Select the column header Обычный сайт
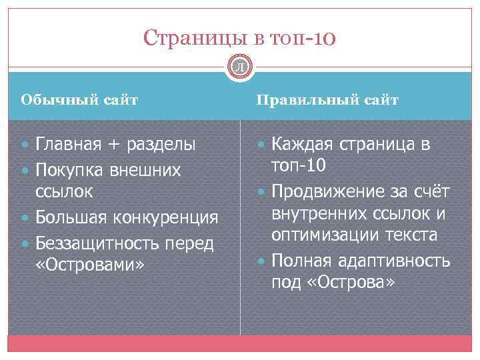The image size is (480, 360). pos(79,100)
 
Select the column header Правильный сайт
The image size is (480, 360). pos(327,100)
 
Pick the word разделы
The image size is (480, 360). pos(161,144)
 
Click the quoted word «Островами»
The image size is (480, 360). pos(89,265)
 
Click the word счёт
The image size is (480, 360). pos(433,192)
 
